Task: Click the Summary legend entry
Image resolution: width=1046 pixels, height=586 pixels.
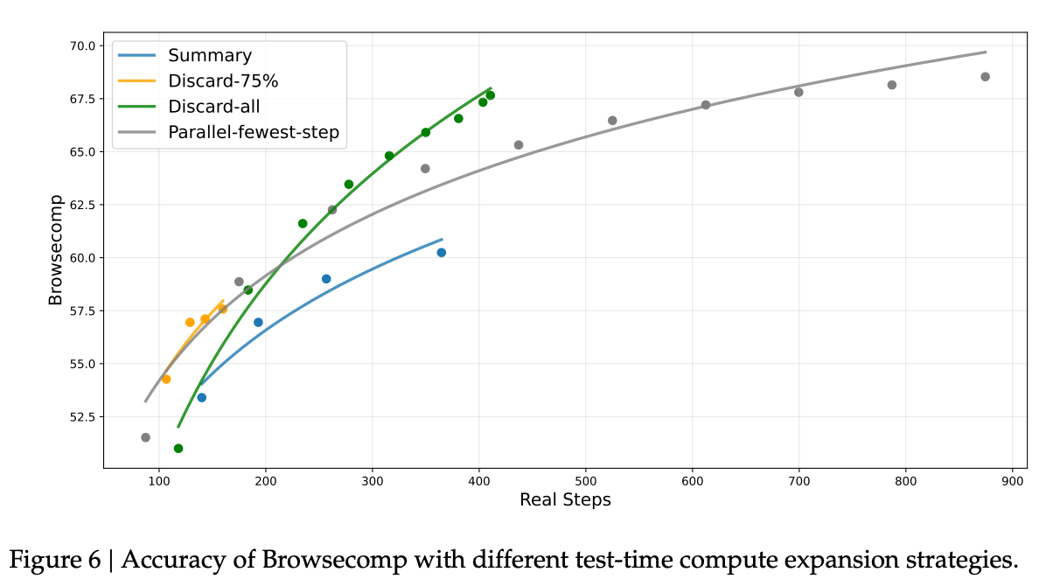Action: (x=210, y=56)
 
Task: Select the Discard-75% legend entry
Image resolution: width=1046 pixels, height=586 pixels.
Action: (x=223, y=81)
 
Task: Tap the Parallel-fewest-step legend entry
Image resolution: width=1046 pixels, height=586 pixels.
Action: (x=254, y=132)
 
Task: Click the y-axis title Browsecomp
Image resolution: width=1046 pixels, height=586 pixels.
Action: (x=56, y=256)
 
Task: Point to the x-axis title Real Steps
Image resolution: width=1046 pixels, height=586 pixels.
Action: (x=565, y=500)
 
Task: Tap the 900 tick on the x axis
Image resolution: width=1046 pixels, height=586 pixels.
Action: (x=1013, y=480)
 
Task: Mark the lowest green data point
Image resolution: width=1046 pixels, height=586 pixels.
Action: (x=178, y=449)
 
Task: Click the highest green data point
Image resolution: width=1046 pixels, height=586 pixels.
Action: (x=490, y=95)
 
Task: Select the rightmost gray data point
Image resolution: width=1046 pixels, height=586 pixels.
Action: (x=985, y=77)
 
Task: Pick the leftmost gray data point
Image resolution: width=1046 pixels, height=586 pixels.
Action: (x=145, y=437)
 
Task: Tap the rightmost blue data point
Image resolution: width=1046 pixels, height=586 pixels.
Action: (x=442, y=253)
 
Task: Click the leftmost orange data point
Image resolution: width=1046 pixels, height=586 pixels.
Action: (x=166, y=380)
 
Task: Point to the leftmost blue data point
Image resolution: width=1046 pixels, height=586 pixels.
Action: (x=202, y=398)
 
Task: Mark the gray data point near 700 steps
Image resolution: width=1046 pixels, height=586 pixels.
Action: (x=798, y=92)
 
